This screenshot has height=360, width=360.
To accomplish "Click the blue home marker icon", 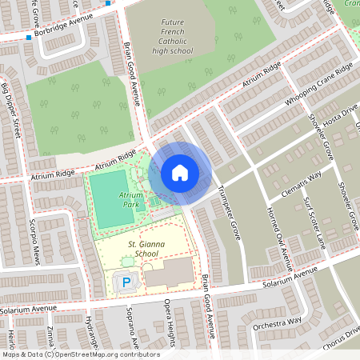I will (180, 173).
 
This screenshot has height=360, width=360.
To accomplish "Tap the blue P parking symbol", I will (126, 282).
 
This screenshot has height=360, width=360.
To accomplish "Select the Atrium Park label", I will (130, 199).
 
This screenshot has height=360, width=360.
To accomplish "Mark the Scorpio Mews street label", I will (35, 238).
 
